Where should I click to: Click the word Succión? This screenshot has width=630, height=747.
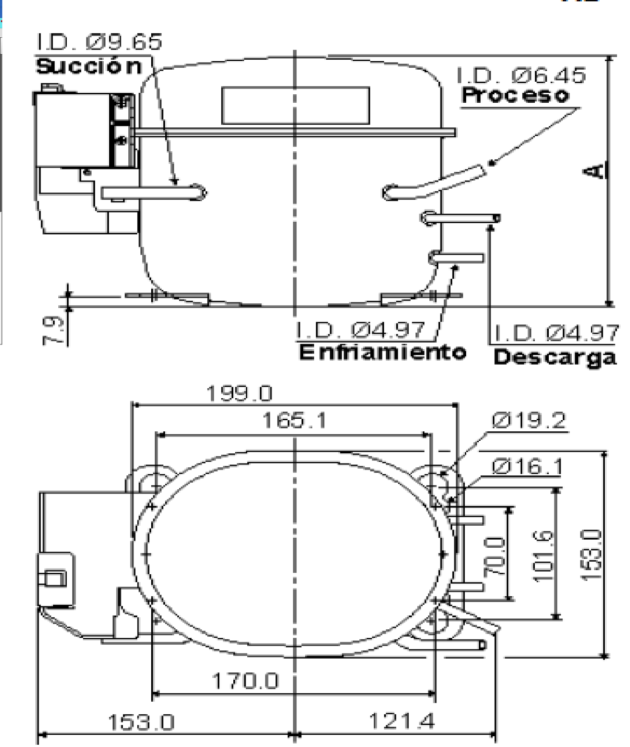coord(89,67)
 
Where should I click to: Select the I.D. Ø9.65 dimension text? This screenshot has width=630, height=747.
coord(100,42)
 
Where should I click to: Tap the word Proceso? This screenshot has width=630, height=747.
coord(515,96)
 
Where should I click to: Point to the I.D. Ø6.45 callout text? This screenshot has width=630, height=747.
coord(521,76)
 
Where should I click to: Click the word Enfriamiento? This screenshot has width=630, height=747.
coord(382,352)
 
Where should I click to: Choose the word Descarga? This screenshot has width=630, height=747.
coord(555,358)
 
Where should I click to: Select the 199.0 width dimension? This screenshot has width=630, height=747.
coord(239,394)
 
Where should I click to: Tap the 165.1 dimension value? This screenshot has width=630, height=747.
coord(294,421)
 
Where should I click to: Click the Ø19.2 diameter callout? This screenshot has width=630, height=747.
coord(529,421)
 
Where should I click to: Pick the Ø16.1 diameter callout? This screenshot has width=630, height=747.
coord(528,466)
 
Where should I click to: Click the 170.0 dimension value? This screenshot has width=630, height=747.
coord(245,681)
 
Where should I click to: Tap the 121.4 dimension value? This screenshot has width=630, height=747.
coord(401,721)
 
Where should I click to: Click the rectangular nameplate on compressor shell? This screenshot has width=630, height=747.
coord(295,106)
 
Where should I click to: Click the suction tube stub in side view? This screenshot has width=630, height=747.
coord(154,192)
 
